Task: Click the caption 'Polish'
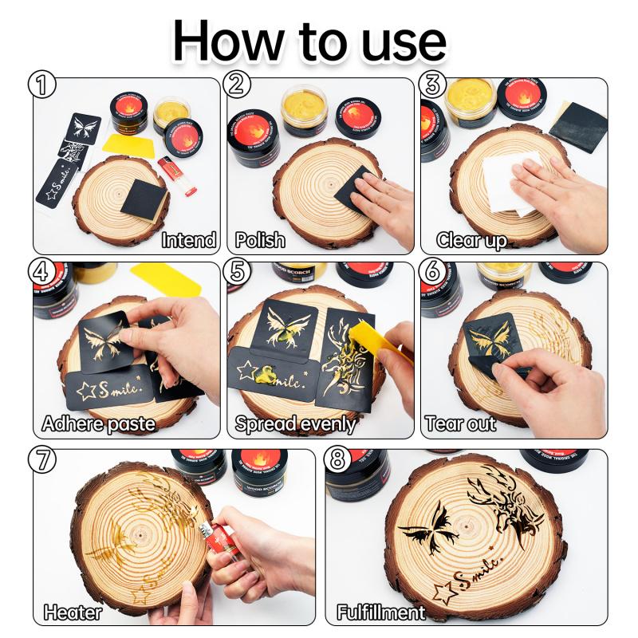click(x=260, y=239)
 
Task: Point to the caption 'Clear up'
click(x=471, y=239)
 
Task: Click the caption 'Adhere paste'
click(x=98, y=423)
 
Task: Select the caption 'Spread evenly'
click(x=294, y=423)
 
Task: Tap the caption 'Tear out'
click(x=461, y=423)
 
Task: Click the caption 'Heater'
click(x=73, y=612)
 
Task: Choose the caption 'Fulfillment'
click(x=380, y=612)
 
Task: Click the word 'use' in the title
click(x=402, y=40)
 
